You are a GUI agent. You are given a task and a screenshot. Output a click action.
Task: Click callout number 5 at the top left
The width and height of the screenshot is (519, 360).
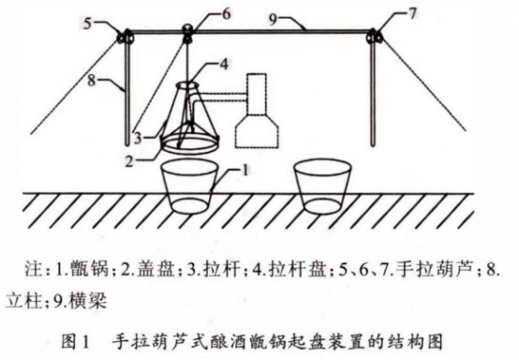[x=87, y=23]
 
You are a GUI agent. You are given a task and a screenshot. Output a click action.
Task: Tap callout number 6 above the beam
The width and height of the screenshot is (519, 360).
[x=226, y=15]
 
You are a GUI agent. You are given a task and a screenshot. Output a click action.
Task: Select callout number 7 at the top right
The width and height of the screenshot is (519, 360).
[x=411, y=14]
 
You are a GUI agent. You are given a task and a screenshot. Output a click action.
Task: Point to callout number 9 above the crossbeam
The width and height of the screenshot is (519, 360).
[x=273, y=20]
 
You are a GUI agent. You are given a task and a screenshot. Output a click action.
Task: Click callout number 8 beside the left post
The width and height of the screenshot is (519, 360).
[x=92, y=80]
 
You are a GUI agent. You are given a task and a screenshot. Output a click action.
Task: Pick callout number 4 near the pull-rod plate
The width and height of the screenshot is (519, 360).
[x=224, y=64]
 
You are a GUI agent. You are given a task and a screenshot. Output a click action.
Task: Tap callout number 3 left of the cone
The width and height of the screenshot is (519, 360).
[x=138, y=138]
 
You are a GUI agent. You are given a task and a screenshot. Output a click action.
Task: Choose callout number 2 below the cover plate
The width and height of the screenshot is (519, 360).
[x=129, y=161]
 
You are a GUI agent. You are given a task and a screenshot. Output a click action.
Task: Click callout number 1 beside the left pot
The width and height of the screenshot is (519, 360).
[x=245, y=171]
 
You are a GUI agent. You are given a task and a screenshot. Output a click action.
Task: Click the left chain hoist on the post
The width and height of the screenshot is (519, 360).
[x=125, y=37]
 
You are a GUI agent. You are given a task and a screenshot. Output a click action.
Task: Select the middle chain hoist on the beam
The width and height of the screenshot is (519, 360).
[x=187, y=33]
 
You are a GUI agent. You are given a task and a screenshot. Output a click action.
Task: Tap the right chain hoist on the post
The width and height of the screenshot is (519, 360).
[x=374, y=36]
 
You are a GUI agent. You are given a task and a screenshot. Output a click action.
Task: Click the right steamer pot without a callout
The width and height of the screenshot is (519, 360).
[x=322, y=187]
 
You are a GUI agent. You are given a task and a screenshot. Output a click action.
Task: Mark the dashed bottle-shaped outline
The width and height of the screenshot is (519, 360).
[x=257, y=111]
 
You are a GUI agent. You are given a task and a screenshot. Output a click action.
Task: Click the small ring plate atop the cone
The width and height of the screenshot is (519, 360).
[x=187, y=85]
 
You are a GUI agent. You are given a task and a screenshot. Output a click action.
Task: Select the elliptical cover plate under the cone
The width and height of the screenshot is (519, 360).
[x=189, y=143]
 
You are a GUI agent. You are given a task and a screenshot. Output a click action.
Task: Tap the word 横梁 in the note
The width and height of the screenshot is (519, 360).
[x=88, y=301]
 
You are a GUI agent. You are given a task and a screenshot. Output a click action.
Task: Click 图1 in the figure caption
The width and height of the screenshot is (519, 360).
[x=76, y=342]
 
